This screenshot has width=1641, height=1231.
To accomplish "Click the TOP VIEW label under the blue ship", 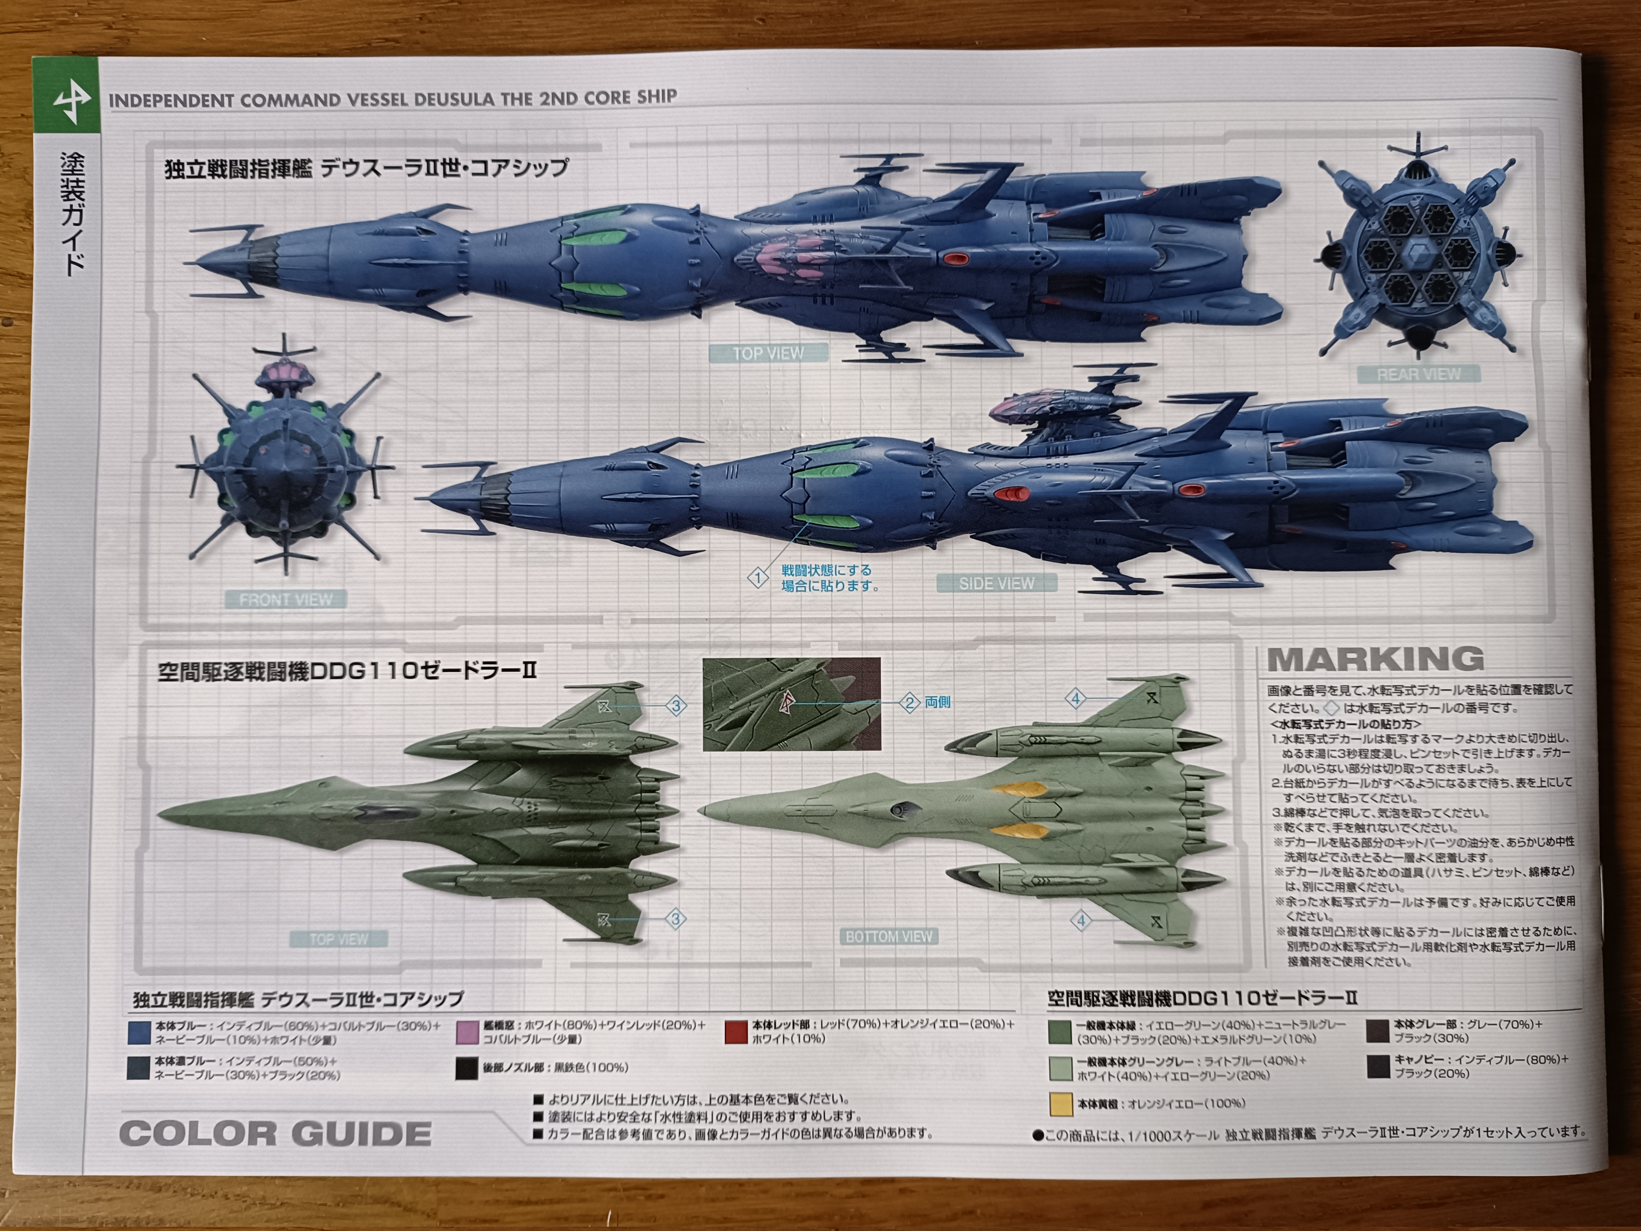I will tap(768, 354).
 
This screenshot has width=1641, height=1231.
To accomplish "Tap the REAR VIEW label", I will tap(1418, 375).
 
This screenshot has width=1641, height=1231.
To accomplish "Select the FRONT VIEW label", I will tap(286, 600).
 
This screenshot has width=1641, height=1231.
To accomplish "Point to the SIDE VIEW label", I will tap(996, 584).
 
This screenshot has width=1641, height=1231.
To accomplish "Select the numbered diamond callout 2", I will tap(910, 702).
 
